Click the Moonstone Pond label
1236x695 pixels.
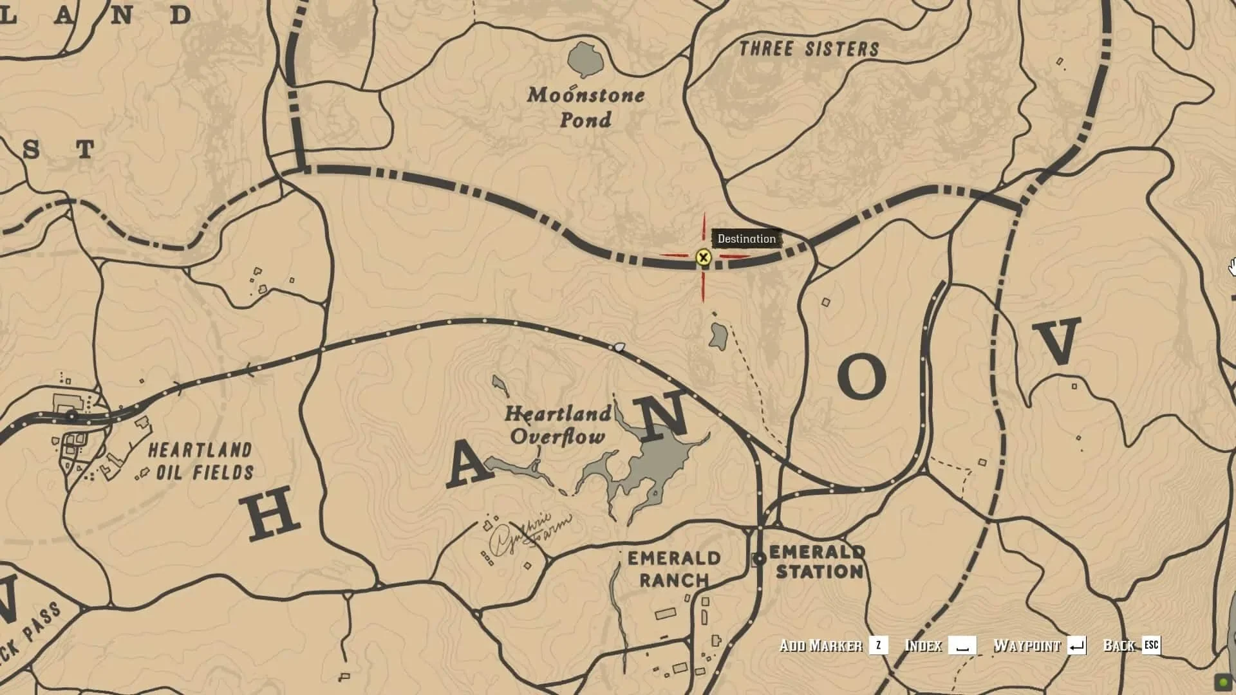[x=586, y=107]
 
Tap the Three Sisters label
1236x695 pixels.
[x=809, y=49]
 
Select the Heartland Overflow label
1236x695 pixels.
[x=557, y=425]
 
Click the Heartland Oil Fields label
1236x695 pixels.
[x=201, y=461]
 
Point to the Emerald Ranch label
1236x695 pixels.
[x=673, y=569]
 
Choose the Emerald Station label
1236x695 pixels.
[x=818, y=561]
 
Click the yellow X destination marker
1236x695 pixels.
[x=703, y=258]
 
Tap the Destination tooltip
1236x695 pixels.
[x=747, y=239]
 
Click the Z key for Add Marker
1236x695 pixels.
[x=878, y=645]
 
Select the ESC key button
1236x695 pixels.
[x=1151, y=645]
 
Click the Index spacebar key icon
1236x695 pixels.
[x=962, y=645]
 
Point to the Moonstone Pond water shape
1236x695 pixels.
[x=585, y=59]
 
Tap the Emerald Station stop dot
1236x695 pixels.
[x=760, y=559]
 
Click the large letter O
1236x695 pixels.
[x=862, y=376]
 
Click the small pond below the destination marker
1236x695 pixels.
[x=718, y=335]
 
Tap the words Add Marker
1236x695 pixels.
[x=820, y=645]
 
